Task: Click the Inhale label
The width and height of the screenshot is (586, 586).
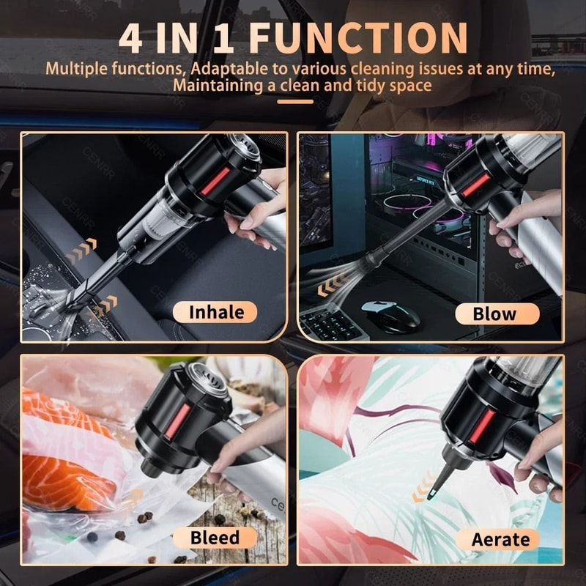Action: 216,312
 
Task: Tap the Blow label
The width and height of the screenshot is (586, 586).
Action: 494,314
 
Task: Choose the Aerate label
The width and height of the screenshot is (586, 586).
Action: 500,540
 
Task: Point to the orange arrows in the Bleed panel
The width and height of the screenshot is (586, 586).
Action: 133,500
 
